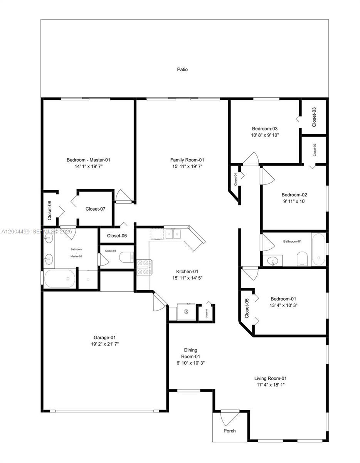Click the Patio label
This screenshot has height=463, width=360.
(182, 69)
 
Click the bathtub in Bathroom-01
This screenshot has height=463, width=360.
(318, 249)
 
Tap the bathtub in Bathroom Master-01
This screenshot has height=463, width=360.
(59, 279)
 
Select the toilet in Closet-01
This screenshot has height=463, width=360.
(126, 257)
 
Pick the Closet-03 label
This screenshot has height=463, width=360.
(314, 117)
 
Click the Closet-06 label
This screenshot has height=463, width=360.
(117, 236)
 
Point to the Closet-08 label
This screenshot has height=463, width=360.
(50, 211)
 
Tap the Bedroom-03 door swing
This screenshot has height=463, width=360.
(251, 159)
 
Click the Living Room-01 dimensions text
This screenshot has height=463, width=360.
(270, 385)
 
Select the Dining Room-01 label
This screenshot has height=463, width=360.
(192, 353)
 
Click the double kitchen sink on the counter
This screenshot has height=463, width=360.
(173, 234)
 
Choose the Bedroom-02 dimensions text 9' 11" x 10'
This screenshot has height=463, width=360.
(294, 201)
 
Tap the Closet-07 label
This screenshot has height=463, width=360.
(95, 209)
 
